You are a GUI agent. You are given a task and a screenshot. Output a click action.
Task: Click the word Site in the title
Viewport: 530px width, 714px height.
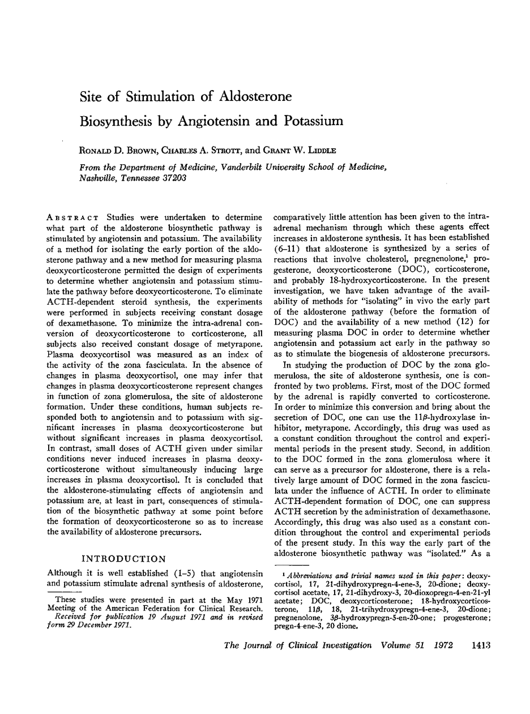92,96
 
